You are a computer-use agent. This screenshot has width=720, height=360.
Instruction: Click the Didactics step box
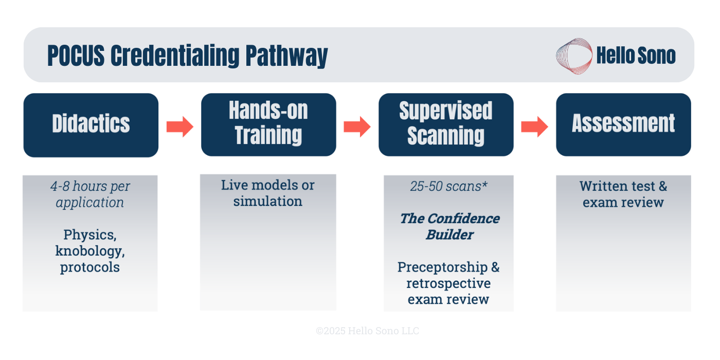(91, 125)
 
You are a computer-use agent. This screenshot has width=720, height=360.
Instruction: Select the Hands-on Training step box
(268, 124)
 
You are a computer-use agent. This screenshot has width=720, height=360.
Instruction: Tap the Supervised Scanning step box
(446, 124)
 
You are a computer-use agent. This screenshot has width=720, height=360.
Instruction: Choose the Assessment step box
(623, 124)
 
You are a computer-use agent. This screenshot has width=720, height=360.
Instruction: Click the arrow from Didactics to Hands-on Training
(179, 127)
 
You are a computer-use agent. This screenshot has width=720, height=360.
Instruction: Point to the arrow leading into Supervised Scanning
(357, 127)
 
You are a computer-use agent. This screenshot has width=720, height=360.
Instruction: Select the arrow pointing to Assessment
(534, 127)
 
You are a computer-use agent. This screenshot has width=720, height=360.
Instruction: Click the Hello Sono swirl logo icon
(574, 56)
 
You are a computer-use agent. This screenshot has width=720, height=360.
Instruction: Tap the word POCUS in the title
(76, 56)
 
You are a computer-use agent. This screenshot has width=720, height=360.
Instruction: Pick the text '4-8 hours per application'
(90, 194)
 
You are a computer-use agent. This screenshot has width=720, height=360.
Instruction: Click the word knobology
(90, 251)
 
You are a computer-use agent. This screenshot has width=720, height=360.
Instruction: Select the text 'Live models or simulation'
(268, 193)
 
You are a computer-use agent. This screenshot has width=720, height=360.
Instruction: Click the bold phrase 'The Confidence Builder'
(449, 226)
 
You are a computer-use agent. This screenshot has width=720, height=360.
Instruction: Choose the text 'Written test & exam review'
(623, 194)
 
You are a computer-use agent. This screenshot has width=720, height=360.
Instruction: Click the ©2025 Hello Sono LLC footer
(367, 331)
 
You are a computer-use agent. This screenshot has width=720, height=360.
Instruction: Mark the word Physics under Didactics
(89, 235)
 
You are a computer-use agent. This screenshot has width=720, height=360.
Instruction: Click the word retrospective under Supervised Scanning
(448, 283)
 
